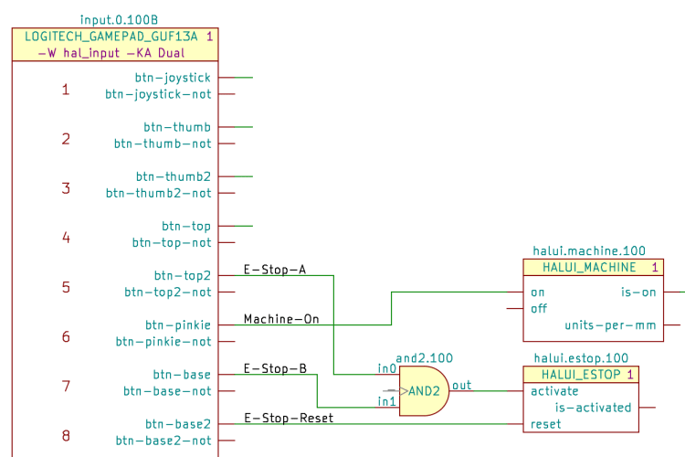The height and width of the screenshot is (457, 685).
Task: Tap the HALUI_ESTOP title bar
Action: click(x=580, y=375)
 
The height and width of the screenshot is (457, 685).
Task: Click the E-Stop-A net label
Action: click(x=275, y=270)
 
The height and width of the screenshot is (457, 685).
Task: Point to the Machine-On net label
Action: click(x=281, y=319)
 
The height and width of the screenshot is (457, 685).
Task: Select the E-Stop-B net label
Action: click(x=275, y=368)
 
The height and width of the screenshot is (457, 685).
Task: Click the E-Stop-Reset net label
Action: click(x=289, y=418)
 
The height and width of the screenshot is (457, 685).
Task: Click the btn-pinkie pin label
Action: click(x=178, y=324)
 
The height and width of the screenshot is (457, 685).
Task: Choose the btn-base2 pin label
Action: click(x=178, y=424)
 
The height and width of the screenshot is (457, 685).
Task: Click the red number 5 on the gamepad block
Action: click(x=65, y=287)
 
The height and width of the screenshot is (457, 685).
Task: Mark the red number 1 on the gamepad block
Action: click(x=65, y=90)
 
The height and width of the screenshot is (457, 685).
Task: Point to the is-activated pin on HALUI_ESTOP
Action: click(x=593, y=408)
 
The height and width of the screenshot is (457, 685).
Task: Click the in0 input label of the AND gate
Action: click(x=387, y=368)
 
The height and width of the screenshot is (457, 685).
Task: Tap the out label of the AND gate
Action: click(x=461, y=385)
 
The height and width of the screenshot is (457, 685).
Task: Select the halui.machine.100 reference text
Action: click(x=588, y=250)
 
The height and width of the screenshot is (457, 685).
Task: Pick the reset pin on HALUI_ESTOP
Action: click(x=545, y=424)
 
